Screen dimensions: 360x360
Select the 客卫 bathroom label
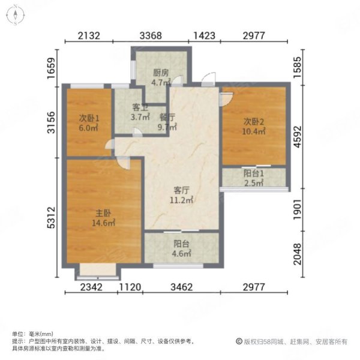139,108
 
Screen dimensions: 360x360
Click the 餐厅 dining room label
167,117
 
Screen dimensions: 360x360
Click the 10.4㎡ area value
254,131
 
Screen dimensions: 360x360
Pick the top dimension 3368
151,35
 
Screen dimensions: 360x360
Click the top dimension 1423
205,35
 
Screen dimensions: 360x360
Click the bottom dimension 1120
130,287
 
